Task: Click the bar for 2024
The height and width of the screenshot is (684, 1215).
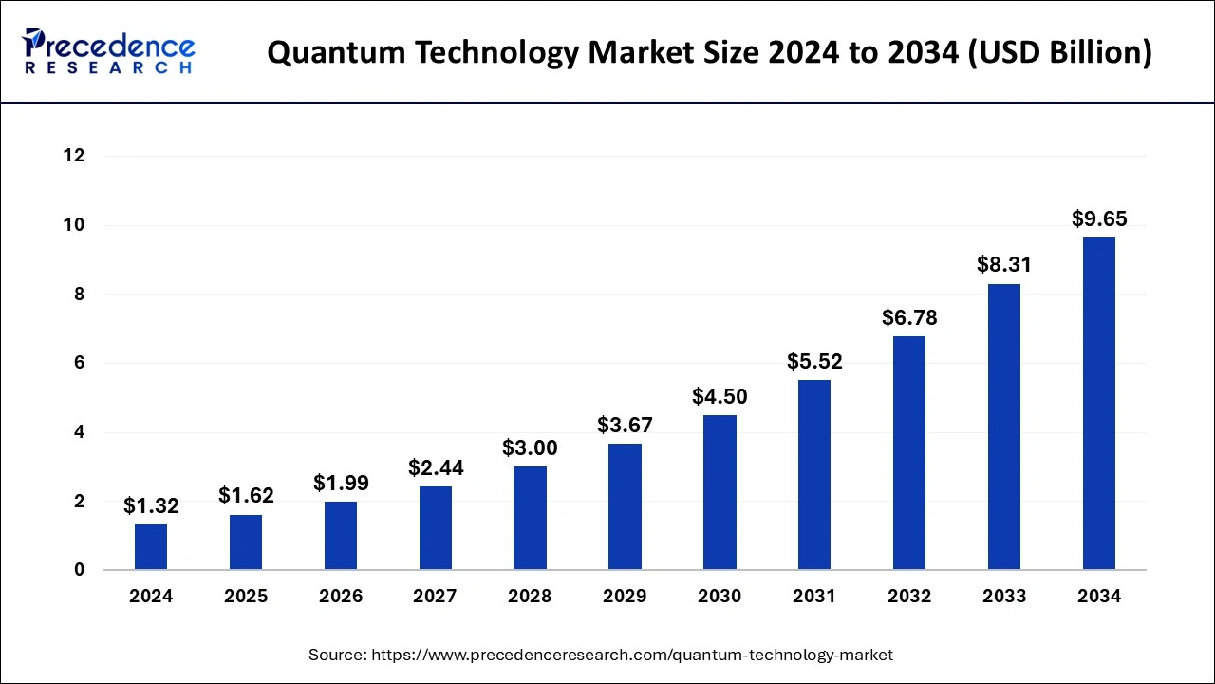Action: pyautogui.click(x=151, y=547)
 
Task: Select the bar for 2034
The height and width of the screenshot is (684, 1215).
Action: pyautogui.click(x=1099, y=404)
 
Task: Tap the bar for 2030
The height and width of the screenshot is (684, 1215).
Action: pyautogui.click(x=720, y=492)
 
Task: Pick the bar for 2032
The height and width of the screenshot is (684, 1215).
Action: pyautogui.click(x=909, y=453)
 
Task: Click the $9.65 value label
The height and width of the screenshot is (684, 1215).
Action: pyautogui.click(x=1099, y=218)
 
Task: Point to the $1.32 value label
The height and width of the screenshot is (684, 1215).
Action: pyautogui.click(x=151, y=506)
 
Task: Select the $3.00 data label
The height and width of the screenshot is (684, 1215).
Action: pyautogui.click(x=530, y=447)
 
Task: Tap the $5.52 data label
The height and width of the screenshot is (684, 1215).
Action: pyautogui.click(x=814, y=361)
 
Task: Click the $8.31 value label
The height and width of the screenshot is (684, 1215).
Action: pyautogui.click(x=1004, y=265)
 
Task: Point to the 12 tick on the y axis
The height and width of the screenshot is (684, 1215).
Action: pyautogui.click(x=74, y=156)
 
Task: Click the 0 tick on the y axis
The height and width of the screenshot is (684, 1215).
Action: pyautogui.click(x=80, y=570)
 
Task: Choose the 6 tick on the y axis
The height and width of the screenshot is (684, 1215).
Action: pyautogui.click(x=80, y=363)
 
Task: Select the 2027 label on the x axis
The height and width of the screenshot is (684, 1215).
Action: pyautogui.click(x=435, y=597)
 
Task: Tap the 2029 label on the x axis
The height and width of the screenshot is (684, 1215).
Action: pyautogui.click(x=625, y=597)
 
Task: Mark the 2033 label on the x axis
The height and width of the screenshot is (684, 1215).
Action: pyautogui.click(x=1004, y=597)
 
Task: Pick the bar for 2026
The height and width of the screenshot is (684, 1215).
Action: pyautogui.click(x=341, y=536)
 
